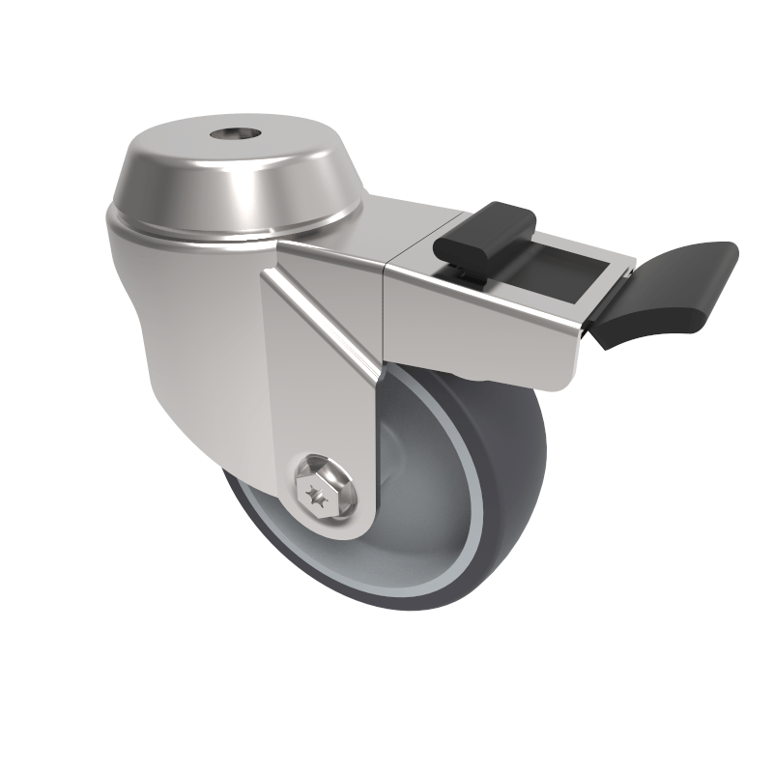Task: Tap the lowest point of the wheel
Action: [406, 611]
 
